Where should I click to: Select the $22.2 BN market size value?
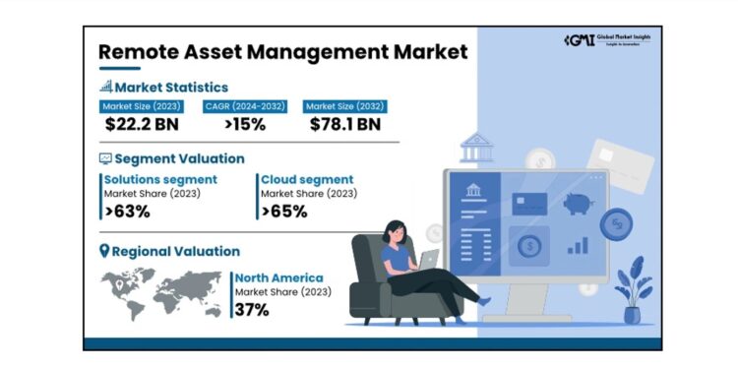point(144,125)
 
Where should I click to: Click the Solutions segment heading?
point(160,180)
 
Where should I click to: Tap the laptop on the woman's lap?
point(428,258)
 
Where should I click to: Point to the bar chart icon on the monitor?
point(578,244)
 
